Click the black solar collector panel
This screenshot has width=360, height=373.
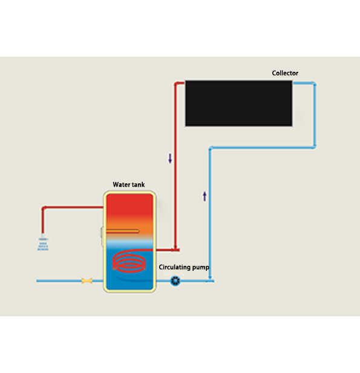[239, 103]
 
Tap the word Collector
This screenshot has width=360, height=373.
[285, 73]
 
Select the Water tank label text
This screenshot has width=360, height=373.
[129, 184]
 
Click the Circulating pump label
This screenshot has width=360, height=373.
[184, 267]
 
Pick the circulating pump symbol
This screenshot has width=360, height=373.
[175, 281]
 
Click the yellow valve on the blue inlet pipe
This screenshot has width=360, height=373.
[87, 281]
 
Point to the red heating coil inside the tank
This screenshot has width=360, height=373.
[129, 261]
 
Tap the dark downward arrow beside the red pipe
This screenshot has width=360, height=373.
[170, 158]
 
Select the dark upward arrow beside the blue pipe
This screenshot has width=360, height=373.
[205, 196]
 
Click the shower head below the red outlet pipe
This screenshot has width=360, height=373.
[43, 242]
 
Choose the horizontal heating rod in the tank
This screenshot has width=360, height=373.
[122, 231]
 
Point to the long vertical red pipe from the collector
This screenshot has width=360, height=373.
[175, 166]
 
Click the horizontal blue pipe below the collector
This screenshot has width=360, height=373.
[263, 148]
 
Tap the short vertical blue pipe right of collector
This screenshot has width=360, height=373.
[315, 115]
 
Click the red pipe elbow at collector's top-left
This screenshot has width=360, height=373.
[176, 83]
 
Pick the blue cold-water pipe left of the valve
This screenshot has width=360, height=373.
[59, 281]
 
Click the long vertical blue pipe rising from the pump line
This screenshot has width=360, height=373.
[210, 214]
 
